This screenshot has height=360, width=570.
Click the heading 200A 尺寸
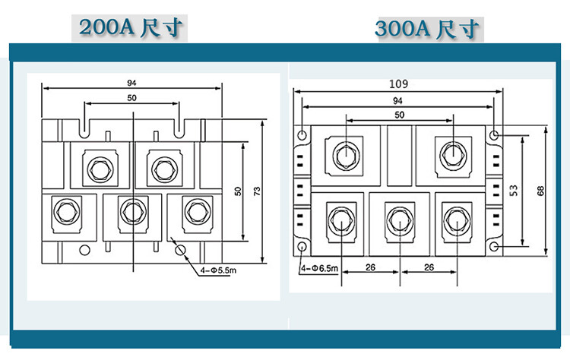(128, 28)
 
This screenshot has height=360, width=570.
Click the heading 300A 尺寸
(428, 30)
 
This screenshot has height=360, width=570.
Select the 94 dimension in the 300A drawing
(397, 100)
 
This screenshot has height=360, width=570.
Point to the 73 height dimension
(256, 191)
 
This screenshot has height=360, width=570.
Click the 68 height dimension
(540, 191)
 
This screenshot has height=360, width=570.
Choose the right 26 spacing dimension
(429, 267)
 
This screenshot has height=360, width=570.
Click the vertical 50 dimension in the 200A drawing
(237, 191)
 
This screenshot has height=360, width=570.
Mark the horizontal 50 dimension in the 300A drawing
(398, 114)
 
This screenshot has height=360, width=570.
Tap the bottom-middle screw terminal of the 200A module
(132, 209)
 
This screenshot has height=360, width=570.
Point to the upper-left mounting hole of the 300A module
(303, 135)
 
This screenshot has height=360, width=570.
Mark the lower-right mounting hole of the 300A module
(495, 248)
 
